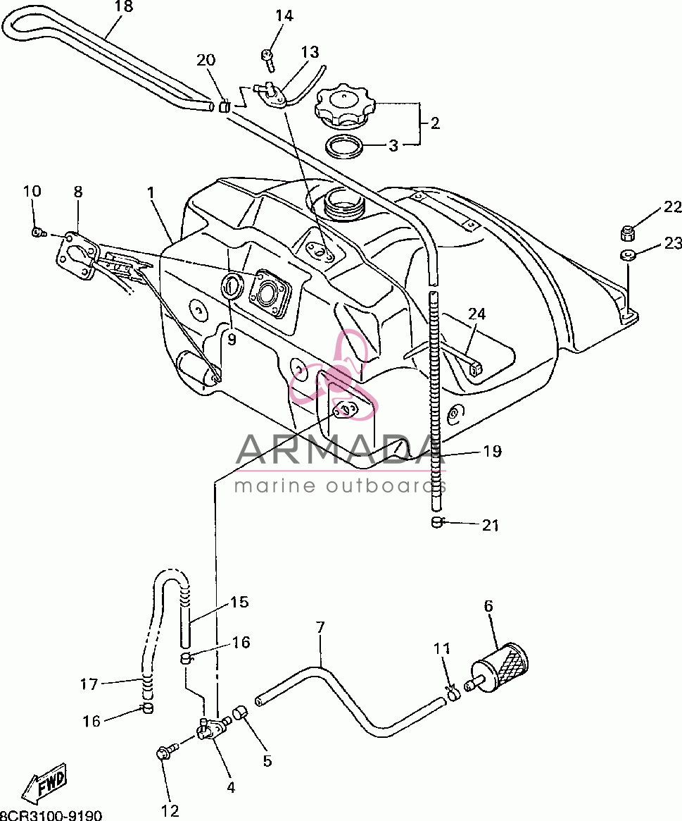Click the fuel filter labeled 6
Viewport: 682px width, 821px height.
(x=499, y=669)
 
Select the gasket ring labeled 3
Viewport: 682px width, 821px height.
(x=343, y=146)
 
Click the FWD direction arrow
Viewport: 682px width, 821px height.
(x=46, y=784)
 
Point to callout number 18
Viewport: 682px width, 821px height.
(x=123, y=6)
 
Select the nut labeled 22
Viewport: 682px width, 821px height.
(x=628, y=233)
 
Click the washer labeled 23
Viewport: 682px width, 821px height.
(x=627, y=256)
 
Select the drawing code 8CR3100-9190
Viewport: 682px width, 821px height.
(x=50, y=815)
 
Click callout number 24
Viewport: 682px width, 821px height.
(x=476, y=314)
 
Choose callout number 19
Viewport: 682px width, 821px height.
(x=491, y=451)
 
